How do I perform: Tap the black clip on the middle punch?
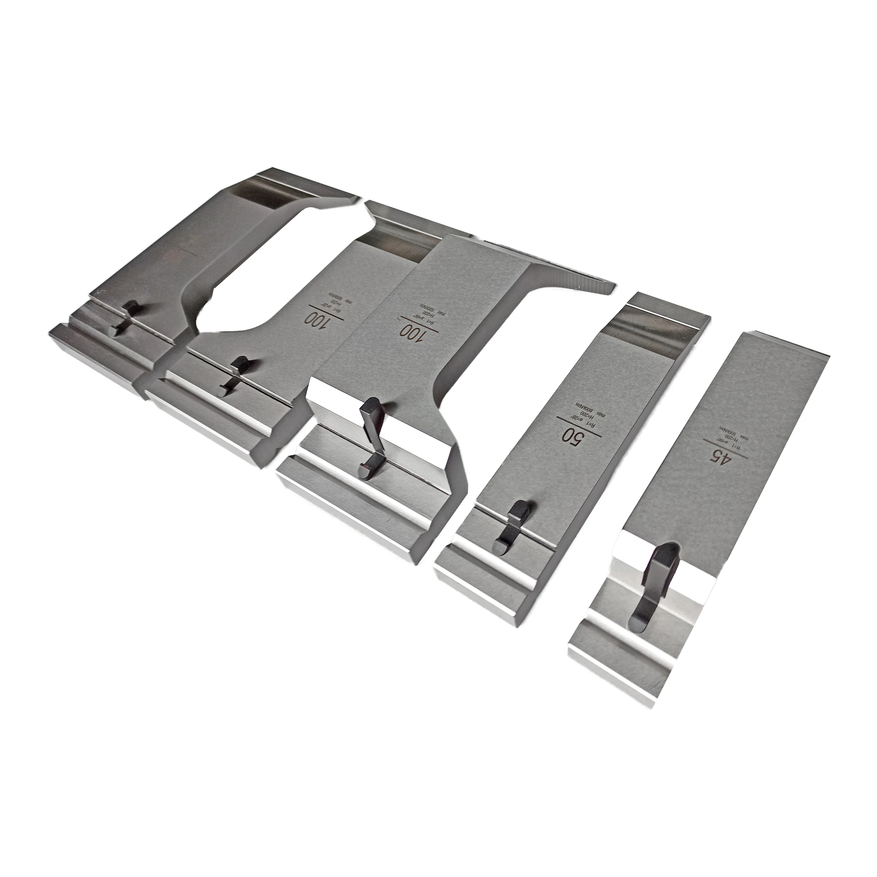pyautogui.click(x=372, y=438)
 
